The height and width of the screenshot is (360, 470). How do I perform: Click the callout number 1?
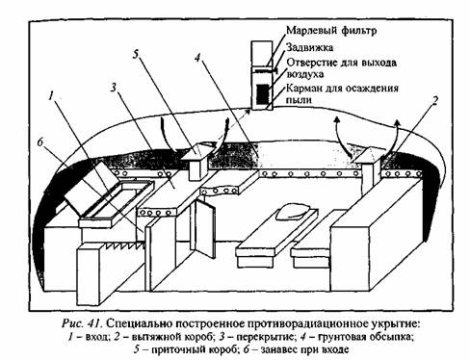tap(51, 95)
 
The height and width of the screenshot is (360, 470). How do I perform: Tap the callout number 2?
tap(434, 101)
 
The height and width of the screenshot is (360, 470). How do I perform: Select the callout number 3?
tap(114, 87)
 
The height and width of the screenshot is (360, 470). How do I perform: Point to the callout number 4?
tap(197, 58)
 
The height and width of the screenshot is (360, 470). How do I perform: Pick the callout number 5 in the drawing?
tap(136, 55)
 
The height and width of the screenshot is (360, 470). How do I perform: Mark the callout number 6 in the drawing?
tap(40, 141)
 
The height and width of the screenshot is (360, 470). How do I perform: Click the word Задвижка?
tap(310, 48)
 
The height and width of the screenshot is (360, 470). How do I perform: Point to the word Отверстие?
tap(312, 63)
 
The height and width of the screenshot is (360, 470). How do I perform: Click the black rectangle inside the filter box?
tap(263, 94)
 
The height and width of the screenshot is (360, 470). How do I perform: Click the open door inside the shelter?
tap(204, 228)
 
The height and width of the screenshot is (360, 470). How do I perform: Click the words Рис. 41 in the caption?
tap(82, 323)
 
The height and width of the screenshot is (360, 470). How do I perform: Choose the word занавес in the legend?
tap(281, 349)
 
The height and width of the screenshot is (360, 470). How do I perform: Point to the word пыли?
tap(299, 100)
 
